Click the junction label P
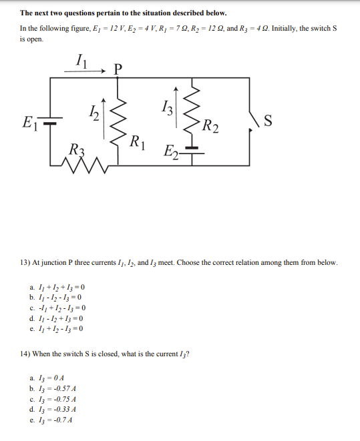119,67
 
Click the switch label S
268,121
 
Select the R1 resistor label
137,141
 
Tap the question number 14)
26,353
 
